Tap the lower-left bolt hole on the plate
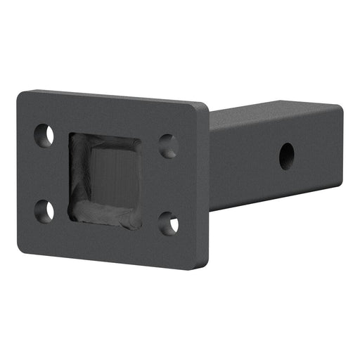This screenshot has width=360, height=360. coord(44,210)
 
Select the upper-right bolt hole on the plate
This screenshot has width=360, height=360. coord(168,146)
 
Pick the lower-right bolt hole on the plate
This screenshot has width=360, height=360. coord(169,224)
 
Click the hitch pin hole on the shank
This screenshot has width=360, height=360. coord(286,155)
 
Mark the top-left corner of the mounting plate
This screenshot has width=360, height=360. coord(21,94)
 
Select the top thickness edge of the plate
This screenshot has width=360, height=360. coord(112,95)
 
